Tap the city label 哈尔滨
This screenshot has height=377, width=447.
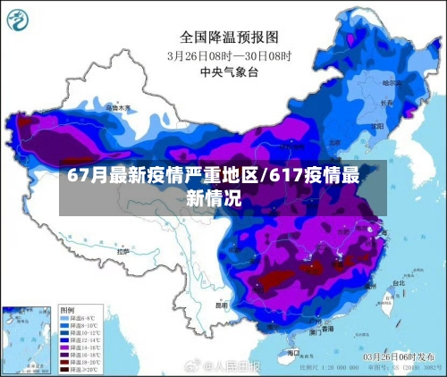[391, 82]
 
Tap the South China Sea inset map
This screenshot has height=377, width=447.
[27, 339]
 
